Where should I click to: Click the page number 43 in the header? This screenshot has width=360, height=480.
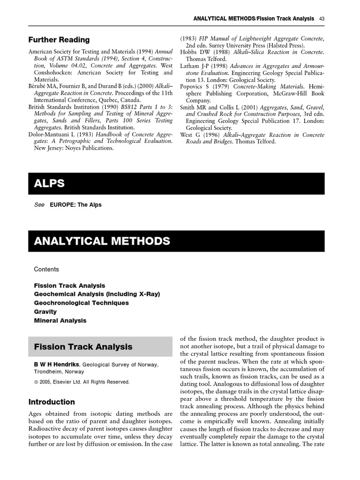coord(322,19)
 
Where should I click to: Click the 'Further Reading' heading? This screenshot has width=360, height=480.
coord(59,40)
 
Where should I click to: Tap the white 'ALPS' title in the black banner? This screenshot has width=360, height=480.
coord(49,184)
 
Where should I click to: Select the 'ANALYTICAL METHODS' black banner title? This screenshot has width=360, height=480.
coord(102,241)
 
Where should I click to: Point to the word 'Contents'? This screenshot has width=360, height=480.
coord(46,270)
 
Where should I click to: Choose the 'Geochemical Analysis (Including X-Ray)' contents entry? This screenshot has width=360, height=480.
coord(97,294)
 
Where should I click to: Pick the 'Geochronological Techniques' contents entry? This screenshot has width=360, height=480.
coord(81,303)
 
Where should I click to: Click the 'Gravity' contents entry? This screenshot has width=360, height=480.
coord(45,312)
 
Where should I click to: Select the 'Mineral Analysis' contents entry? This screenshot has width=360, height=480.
coord(60,321)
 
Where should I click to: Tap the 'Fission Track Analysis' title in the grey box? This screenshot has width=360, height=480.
coord(83,347)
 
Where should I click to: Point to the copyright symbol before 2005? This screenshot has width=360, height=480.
coord(36,382)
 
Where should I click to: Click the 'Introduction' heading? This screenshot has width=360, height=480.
coord(52,402)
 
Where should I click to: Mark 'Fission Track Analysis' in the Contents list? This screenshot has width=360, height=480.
coord(69,285)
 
